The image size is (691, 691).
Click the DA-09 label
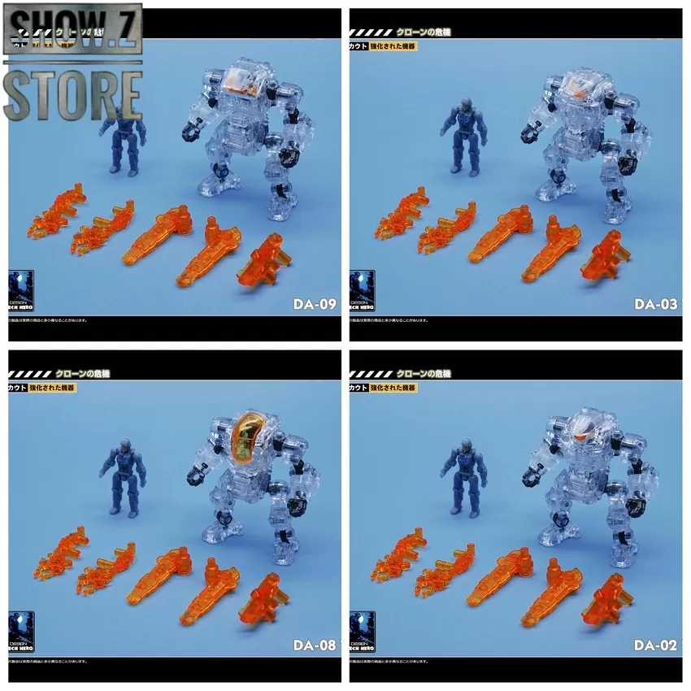click(x=314, y=306)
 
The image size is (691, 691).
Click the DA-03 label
click(x=655, y=306)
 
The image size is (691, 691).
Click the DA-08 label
click(x=314, y=647)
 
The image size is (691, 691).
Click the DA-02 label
click(x=655, y=647)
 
